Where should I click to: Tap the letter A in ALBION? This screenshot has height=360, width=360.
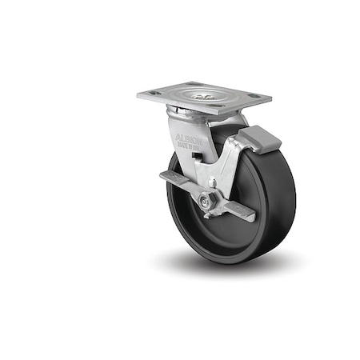[178, 136]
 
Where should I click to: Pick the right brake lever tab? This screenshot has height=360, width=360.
[241, 211]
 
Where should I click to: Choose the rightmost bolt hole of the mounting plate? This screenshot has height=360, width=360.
[254, 100]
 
